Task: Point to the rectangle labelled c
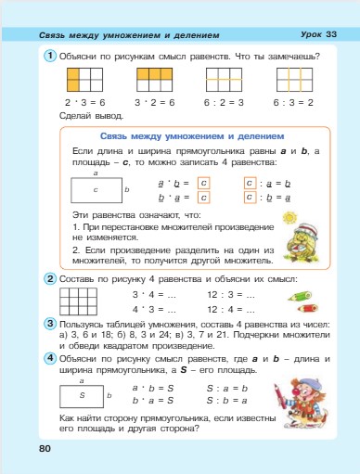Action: point(96,189)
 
